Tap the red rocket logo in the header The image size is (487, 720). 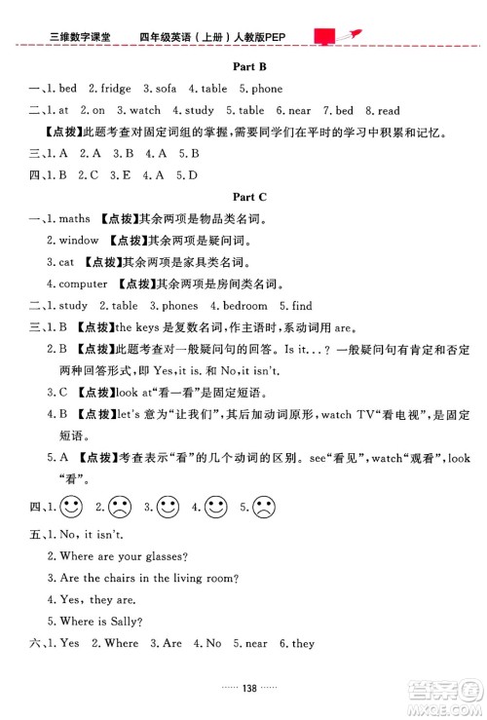(x=333, y=36)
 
